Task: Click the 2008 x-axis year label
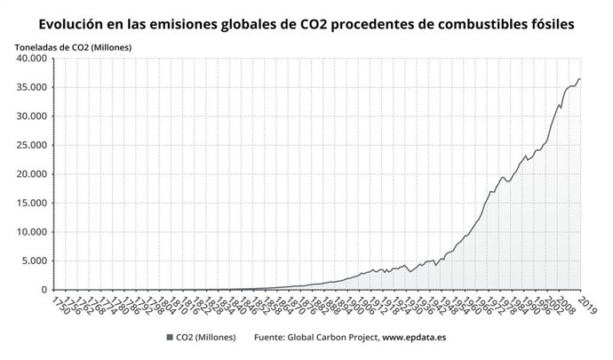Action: (x=561, y=306)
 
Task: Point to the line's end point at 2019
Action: (x=581, y=80)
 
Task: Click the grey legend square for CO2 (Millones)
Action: (x=168, y=338)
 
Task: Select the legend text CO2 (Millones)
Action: (x=207, y=338)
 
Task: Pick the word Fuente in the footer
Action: (x=271, y=338)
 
